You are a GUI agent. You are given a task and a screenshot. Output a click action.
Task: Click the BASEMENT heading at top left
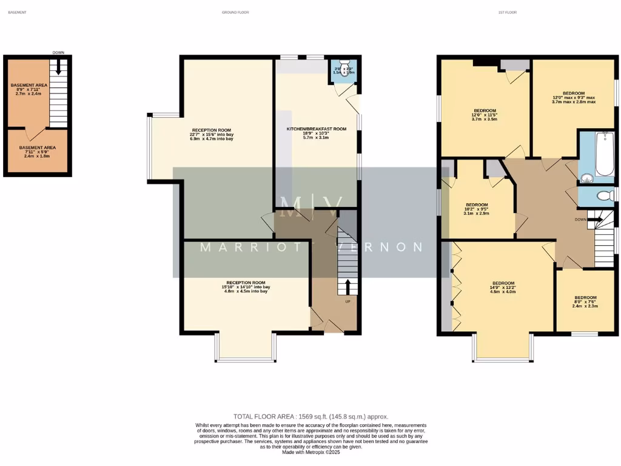click(x=17, y=12)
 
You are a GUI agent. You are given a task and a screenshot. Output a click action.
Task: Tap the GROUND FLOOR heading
click(x=235, y=12)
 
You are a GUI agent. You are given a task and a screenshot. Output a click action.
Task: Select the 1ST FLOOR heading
click(x=507, y=12)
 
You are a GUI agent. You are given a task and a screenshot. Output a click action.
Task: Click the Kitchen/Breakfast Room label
click(x=316, y=129)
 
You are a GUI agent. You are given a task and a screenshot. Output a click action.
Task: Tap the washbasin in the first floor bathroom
click(x=586, y=178)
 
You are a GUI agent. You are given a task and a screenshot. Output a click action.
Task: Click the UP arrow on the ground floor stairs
click(x=348, y=287)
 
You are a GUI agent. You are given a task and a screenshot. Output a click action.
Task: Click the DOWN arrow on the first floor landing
click(x=594, y=219)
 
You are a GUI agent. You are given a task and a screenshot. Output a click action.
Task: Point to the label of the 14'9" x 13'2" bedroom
click(x=503, y=283)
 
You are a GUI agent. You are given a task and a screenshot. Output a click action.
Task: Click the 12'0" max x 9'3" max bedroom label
click(x=573, y=93)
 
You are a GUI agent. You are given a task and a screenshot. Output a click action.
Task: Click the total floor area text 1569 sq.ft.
click(x=310, y=417)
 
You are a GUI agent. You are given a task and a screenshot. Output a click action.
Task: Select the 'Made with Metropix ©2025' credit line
click(x=310, y=452)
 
